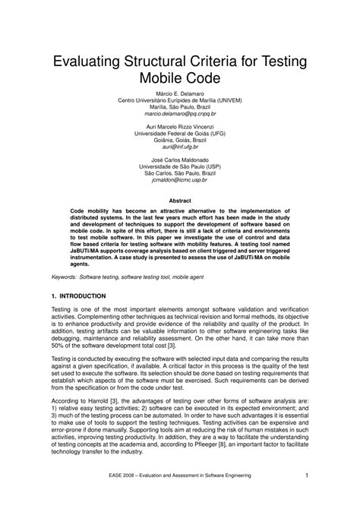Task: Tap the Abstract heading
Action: click(179, 201)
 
